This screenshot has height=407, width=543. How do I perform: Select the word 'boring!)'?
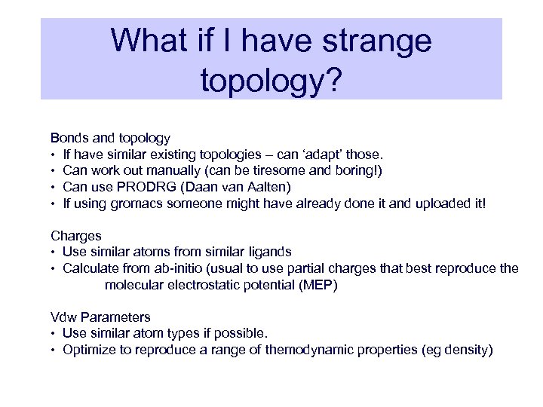(357, 171)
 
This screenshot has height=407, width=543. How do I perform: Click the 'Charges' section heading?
(75, 235)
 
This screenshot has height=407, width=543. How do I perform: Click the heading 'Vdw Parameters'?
(100, 317)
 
